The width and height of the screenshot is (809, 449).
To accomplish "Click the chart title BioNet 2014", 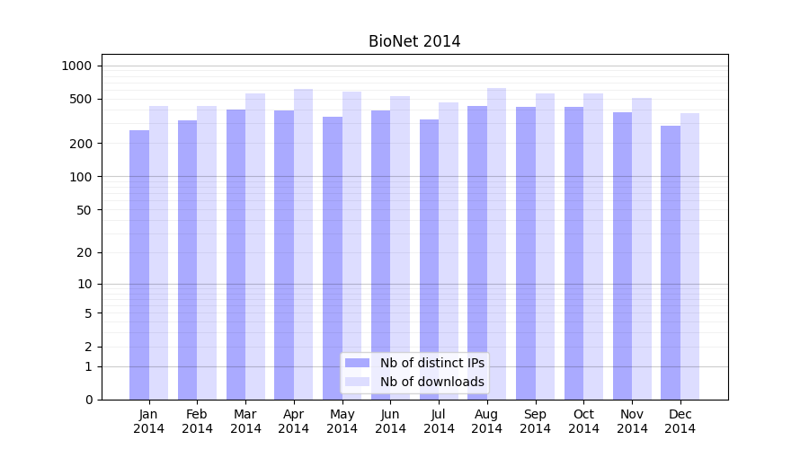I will click(x=414, y=41).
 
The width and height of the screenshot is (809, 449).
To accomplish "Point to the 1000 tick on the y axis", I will click(x=76, y=66).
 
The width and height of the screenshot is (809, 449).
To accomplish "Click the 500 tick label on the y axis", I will click(x=81, y=99).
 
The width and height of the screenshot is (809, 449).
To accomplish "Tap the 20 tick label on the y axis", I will click(x=84, y=252).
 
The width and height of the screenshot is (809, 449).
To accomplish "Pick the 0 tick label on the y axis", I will click(x=88, y=400).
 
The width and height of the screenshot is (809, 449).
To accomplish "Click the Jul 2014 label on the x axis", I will click(x=439, y=421).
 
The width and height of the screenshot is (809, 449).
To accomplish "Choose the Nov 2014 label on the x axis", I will click(x=632, y=421).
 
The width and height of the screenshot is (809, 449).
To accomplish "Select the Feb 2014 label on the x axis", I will click(x=197, y=421).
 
